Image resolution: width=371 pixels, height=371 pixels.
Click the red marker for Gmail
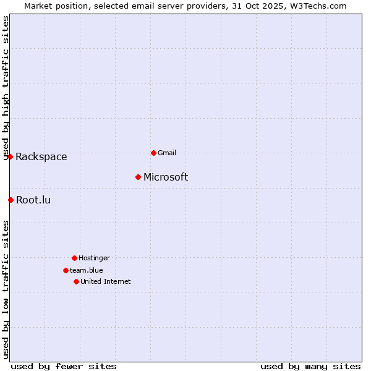pos(153,153)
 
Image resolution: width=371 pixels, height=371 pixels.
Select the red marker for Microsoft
pos(138,177)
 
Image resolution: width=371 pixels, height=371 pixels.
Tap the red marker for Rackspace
pos(10,156)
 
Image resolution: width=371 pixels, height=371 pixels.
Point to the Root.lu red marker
pos(11,200)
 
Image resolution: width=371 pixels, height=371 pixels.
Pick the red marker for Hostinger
pos(74,258)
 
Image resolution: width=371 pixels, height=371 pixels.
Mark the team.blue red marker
pos(66,270)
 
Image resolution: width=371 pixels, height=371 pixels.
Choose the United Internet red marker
pos(76,281)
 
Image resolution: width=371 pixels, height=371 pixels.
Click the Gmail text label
pos(167,153)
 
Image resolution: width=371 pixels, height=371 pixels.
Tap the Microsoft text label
pos(166,177)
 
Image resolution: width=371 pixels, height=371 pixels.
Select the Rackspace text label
pos(41,157)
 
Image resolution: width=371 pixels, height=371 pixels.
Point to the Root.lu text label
pos(33,200)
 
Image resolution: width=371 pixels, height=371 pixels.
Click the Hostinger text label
pos(94,258)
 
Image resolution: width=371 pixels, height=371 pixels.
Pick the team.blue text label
pos(87,270)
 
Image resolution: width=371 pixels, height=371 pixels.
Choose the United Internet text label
pos(106,281)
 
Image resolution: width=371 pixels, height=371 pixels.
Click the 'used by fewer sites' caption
pos(64,366)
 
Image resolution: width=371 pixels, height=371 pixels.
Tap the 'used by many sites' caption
pos(310,366)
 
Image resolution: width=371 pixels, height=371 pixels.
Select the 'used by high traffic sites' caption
pos(6,88)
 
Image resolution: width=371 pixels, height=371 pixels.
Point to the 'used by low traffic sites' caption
pos(6,289)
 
